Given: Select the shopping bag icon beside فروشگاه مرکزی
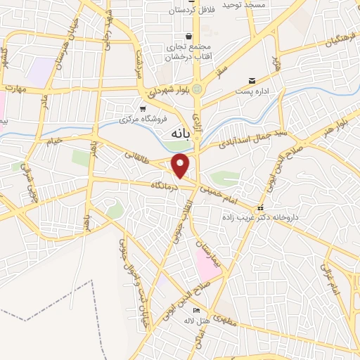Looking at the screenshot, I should pos(143,108).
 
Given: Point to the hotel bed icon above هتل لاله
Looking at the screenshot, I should pos(196,310).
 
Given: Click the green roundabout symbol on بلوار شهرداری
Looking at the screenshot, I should pos(198,89).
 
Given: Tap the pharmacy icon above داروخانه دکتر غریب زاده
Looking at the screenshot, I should pos(261,208).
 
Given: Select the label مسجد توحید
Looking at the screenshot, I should pos(243,5).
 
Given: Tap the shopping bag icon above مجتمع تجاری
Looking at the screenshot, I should pos(188,37).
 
